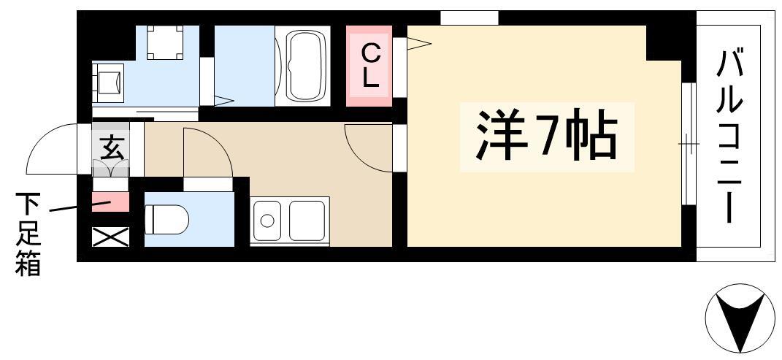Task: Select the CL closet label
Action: [x=370, y=65]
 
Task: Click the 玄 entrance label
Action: [x=111, y=148]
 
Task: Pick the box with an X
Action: [x=111, y=237]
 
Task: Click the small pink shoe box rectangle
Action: [x=111, y=202]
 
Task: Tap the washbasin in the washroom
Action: [x=109, y=82]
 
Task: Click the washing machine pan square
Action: [x=164, y=42]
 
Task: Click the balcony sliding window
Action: [x=689, y=144]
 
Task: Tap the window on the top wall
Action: [x=469, y=18]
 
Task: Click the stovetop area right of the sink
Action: [x=307, y=221]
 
